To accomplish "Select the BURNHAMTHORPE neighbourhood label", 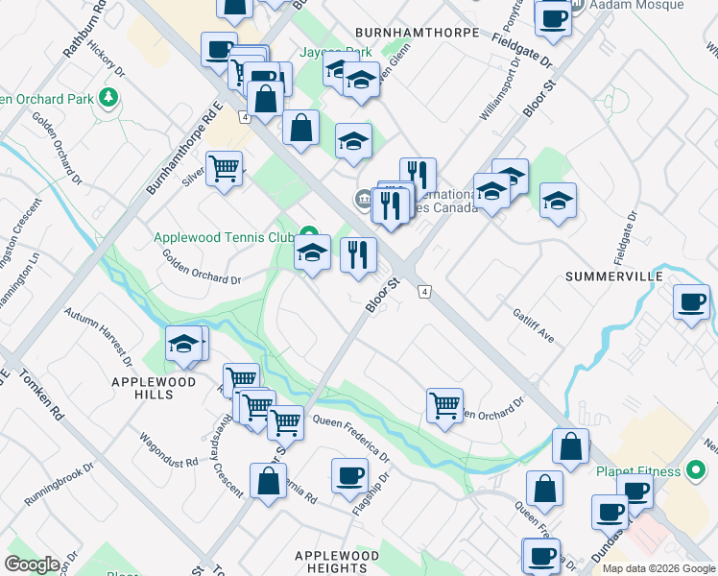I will tap(417, 33).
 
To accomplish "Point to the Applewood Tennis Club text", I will tap(225, 237).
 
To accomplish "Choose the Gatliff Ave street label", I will tap(534, 324).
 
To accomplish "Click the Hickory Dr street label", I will tap(106, 58).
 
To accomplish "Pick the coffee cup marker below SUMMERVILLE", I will tap(691, 303).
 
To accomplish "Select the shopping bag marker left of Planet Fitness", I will tap(570, 446).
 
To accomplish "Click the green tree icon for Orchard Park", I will tap(109, 98).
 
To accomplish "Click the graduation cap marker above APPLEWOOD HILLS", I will tap(184, 345).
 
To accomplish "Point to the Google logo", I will tap(33, 564).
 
